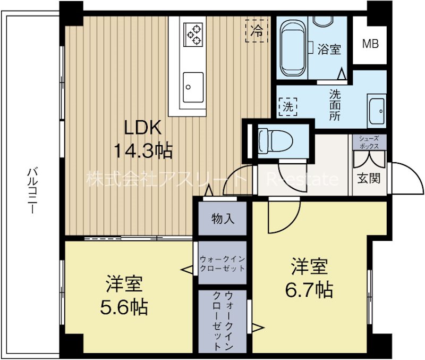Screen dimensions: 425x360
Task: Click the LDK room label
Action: click(143, 128)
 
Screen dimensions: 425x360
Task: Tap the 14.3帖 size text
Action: click(143, 151)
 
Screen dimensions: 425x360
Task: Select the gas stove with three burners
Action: click(193, 34)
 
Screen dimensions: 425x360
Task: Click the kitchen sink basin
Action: click(193, 87)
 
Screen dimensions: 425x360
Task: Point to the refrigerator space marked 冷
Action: click(257, 31)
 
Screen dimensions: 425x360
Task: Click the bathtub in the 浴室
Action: click(292, 48)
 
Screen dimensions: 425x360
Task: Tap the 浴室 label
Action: click(329, 49)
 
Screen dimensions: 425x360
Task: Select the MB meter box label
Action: click(370, 44)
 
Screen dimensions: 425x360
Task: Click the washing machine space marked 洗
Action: click(288, 106)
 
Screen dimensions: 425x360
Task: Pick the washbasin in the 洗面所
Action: click(377, 111)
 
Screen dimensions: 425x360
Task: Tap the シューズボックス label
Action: click(369, 142)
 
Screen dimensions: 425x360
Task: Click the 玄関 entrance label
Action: click(369, 178)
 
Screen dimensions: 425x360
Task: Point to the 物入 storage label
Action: click(223, 219)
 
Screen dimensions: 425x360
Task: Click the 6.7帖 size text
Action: click(309, 290)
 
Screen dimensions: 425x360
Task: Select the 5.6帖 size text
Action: click(124, 307)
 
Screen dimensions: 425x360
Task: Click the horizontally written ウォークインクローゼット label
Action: click(222, 264)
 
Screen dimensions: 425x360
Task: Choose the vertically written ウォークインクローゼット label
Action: click(223, 321)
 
